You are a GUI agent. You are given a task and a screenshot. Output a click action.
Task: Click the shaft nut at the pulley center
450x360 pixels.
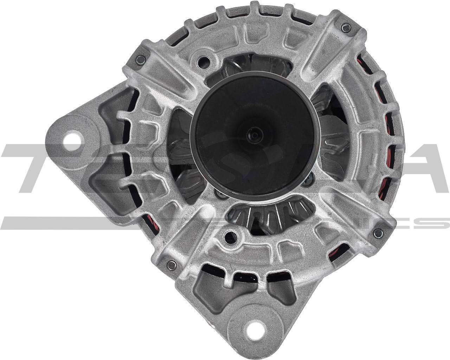(253, 134)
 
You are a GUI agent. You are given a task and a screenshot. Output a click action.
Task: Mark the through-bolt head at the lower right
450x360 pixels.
(378, 232)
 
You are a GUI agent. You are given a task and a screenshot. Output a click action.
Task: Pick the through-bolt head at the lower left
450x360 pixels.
(172, 264)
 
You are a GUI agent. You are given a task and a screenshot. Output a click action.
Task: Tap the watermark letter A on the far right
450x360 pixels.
(422, 169)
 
